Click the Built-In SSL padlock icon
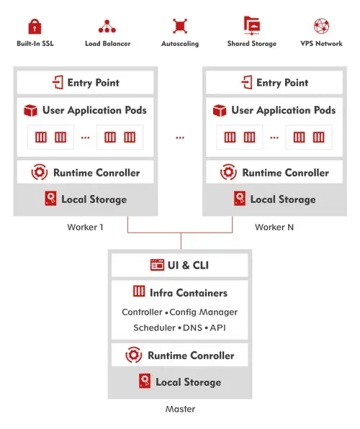coord(35,27)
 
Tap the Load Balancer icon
coord(107,27)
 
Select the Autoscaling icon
coord(179,27)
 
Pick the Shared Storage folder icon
coord(252,26)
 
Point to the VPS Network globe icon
coord(322,27)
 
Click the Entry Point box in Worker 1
coord(86,82)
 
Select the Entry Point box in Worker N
coord(274,82)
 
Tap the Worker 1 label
coord(85,227)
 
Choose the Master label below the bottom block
coord(180,409)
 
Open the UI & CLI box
coord(179,265)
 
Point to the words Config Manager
coord(203,312)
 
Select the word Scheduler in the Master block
coord(154,328)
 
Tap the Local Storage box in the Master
coord(179,381)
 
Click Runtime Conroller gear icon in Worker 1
coord(40,173)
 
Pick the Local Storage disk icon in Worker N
coord(239,199)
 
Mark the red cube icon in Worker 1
coord(30,111)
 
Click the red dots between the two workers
coord(179,137)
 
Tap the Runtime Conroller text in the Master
coord(191,356)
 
